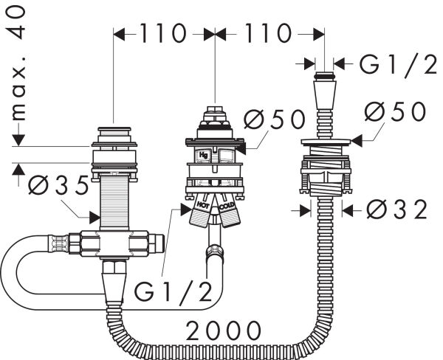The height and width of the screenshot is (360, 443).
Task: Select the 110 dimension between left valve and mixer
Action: (x=163, y=34)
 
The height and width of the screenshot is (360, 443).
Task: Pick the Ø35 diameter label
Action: (x=58, y=187)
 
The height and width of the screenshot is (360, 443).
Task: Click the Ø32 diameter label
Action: (x=396, y=210)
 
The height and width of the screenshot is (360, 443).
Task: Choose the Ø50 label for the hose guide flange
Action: (x=395, y=112)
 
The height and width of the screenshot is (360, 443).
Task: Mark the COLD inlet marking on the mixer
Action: (x=227, y=201)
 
